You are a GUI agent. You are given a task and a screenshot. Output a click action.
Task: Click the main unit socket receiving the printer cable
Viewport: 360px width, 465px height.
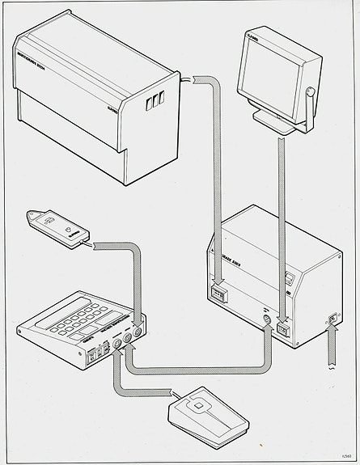pyautogui.click(x=218, y=294)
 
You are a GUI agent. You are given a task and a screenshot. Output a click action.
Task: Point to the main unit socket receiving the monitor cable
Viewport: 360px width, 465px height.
pyautogui.click(x=282, y=329)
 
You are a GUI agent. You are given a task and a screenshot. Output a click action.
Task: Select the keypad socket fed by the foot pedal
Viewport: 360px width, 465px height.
pyautogui.click(x=118, y=350)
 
